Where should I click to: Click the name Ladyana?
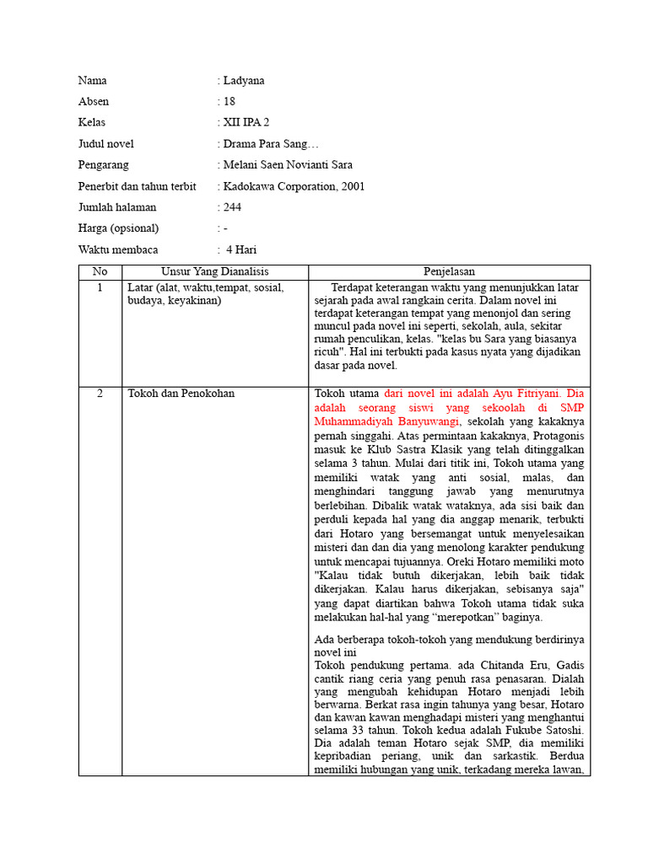click(244, 81)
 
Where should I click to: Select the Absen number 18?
click(229, 102)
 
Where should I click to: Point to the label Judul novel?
click(105, 144)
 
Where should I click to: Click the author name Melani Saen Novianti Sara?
click(288, 165)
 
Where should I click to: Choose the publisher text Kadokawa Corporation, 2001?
click(294, 186)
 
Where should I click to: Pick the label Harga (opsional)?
click(118, 228)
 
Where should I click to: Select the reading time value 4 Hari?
click(241, 250)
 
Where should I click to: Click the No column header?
click(100, 272)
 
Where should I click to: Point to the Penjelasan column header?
click(449, 272)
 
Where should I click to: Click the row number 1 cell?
click(100, 288)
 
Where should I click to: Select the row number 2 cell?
click(100, 394)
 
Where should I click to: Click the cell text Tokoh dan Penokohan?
click(181, 394)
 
